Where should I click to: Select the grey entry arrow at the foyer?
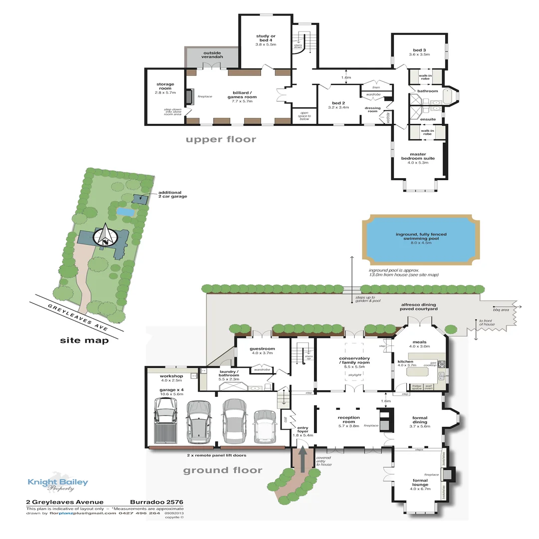(x=302, y=459)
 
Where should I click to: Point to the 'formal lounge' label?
(x=420, y=482)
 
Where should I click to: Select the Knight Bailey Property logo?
(x=57, y=483)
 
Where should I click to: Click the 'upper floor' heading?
(x=221, y=139)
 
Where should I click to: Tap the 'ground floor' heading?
(x=222, y=470)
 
